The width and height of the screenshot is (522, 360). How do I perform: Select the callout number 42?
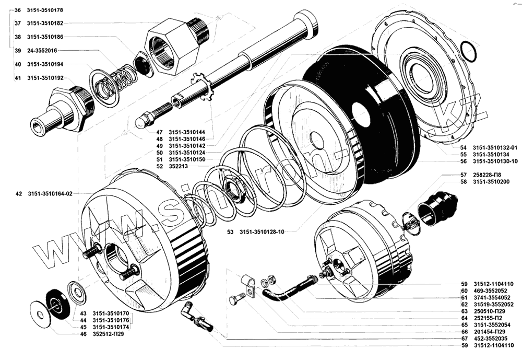[19, 193]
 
